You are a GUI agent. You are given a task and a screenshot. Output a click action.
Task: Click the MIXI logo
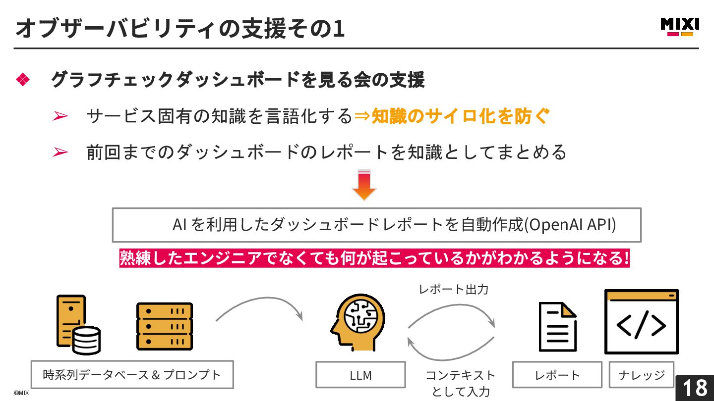tap(680, 26)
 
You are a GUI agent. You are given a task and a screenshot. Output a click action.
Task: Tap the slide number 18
tap(695, 388)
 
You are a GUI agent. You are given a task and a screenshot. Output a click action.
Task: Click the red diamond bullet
tap(23, 80)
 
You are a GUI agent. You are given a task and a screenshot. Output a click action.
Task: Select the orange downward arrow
tap(364, 185)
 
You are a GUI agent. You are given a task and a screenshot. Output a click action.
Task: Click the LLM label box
tap(360, 375)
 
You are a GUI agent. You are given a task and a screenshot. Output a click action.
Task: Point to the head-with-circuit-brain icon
tap(357, 322)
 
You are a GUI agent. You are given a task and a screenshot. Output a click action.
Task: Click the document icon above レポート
tap(557, 327)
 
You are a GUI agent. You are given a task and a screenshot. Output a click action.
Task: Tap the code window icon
tap(641, 322)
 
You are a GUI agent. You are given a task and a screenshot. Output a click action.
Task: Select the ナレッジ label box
tap(641, 375)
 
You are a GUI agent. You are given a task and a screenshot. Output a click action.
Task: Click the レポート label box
tap(557, 375)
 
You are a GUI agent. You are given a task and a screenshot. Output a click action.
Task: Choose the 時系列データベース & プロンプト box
tap(132, 375)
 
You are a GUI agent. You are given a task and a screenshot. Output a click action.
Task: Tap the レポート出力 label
tap(453, 289)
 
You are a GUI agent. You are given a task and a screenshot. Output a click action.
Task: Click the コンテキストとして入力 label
tap(460, 383)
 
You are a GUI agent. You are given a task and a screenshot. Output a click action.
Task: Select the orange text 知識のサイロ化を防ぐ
tap(461, 116)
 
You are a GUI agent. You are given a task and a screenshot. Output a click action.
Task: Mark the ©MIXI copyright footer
tap(22, 393)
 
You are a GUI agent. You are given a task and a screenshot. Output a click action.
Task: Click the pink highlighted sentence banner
tap(374, 258)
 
